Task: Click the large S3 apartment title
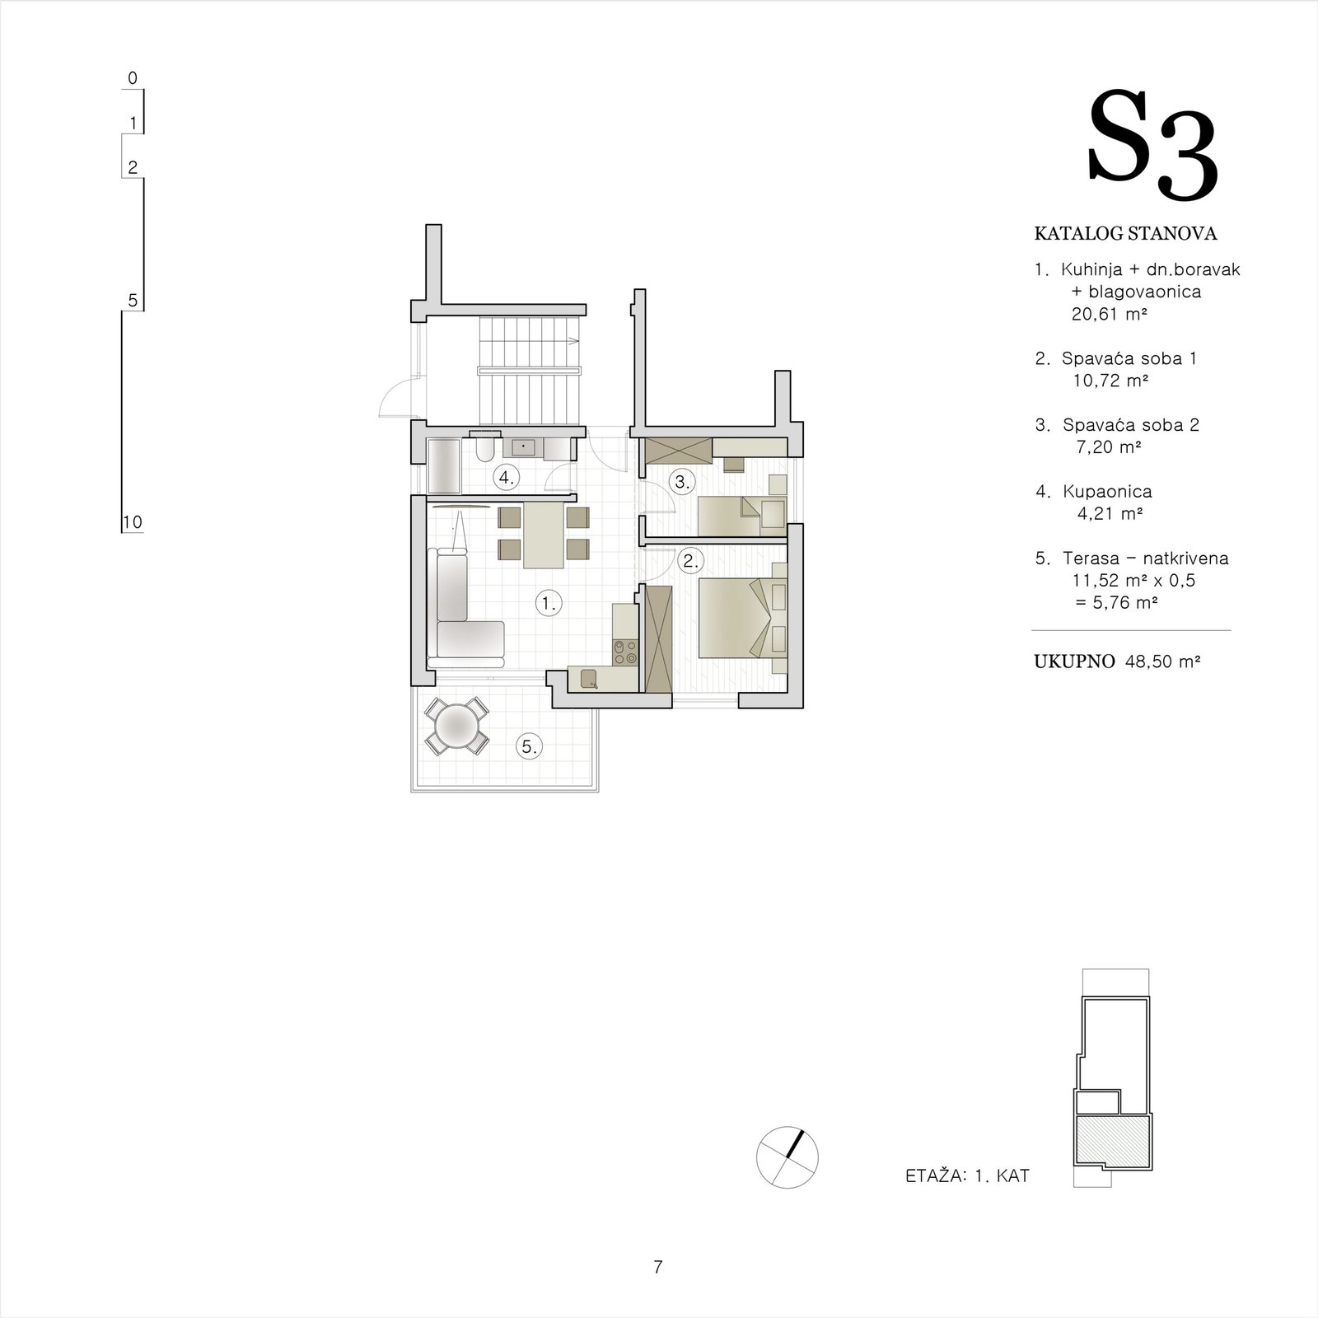[x=1153, y=147]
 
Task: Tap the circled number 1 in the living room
[x=548, y=604]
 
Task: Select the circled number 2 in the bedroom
[x=690, y=562]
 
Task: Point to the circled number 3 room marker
[x=681, y=482]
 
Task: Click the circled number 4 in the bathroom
[x=505, y=477]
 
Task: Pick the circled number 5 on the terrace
[x=529, y=747]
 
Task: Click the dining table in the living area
[x=544, y=536]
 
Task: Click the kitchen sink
[x=589, y=678]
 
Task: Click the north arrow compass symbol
[x=788, y=1157]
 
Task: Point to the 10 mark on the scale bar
[x=132, y=522]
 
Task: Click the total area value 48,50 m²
[x=1162, y=661]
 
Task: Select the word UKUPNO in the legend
[x=1074, y=661]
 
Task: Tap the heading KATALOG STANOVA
[x=1125, y=234]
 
